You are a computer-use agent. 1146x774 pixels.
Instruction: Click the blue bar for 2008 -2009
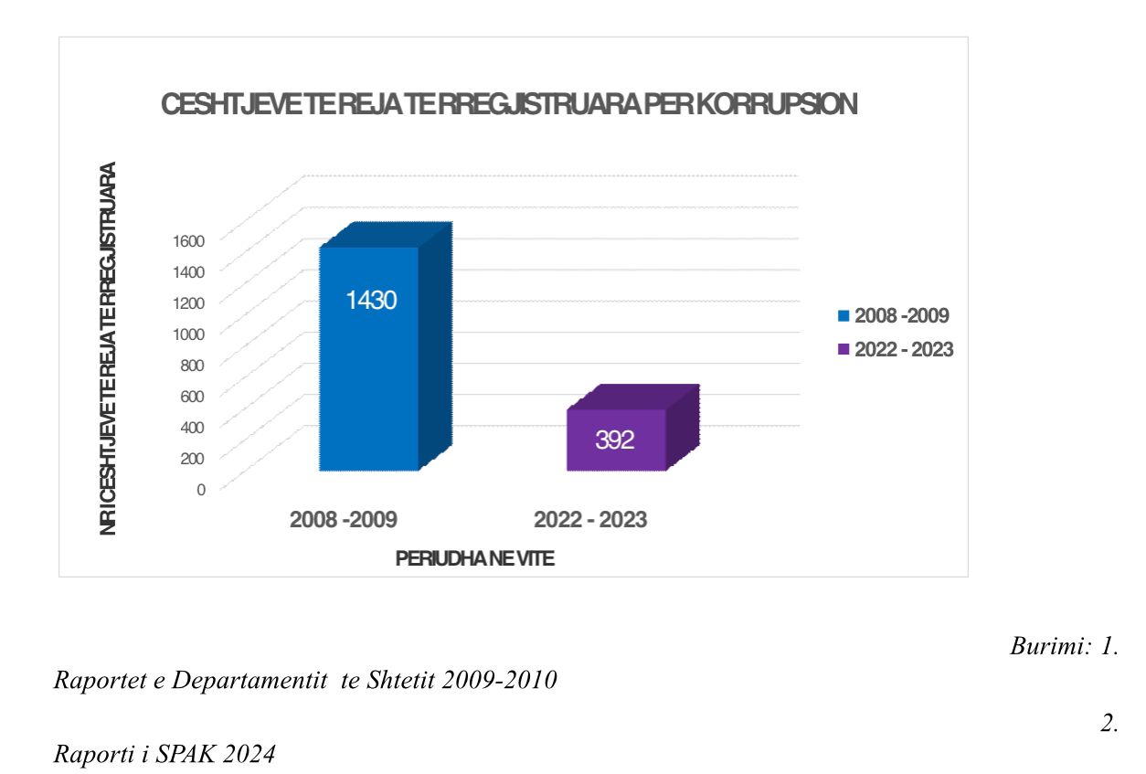[x=369, y=384]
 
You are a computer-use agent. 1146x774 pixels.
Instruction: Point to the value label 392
[x=615, y=440]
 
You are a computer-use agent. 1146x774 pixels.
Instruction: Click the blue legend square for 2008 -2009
[x=844, y=316]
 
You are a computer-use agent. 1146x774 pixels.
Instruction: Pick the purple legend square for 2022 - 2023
[x=844, y=350]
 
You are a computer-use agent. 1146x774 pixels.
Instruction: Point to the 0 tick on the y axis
[x=201, y=488]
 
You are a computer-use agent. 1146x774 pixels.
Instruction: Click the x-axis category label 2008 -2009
[x=343, y=520]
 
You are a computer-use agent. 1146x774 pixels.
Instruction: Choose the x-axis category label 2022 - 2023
[x=590, y=520]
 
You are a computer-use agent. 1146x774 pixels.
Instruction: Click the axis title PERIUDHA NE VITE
[x=474, y=559]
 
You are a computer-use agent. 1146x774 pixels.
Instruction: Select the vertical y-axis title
[x=109, y=347]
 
